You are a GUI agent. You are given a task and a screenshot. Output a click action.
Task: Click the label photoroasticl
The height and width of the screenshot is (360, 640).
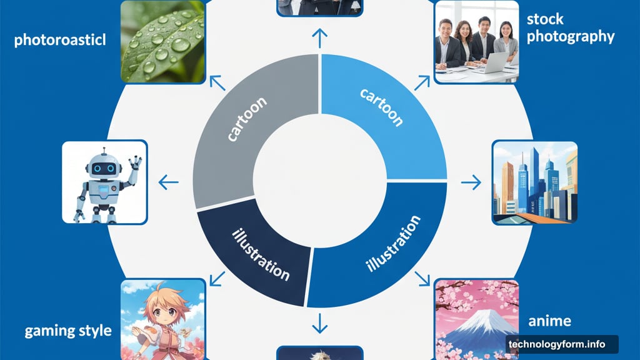(60, 40)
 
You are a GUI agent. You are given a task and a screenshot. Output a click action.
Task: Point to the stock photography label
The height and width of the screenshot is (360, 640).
(570, 27)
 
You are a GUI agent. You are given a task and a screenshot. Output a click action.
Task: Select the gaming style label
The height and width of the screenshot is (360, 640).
(68, 331)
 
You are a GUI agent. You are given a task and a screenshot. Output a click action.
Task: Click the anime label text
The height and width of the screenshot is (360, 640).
(549, 321)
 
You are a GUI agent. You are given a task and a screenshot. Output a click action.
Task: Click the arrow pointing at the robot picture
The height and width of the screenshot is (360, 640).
(168, 182)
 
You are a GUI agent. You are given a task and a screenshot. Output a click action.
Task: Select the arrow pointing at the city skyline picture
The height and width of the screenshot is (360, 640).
(471, 182)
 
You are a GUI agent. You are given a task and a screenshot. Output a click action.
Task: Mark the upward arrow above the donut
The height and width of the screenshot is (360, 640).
(319, 38)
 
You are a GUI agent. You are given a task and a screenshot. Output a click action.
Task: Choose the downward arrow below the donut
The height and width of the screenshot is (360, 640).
(319, 323)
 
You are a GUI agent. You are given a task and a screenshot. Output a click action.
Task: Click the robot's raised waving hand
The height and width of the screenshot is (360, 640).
(135, 163)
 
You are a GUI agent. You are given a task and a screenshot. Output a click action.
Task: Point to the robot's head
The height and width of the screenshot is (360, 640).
(104, 165)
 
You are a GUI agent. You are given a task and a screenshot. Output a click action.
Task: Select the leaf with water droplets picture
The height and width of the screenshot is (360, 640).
(163, 41)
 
